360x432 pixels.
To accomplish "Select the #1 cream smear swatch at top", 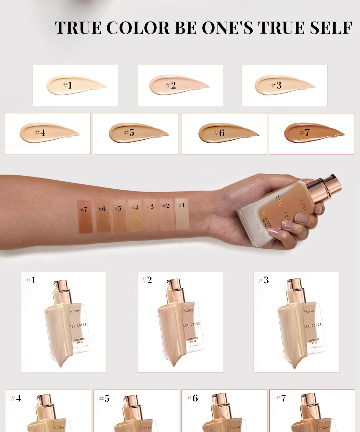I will click(76, 85).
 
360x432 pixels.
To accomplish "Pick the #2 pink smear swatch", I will click(179, 85).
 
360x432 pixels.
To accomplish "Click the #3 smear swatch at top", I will click(284, 85).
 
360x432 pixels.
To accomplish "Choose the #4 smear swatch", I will click(49, 133).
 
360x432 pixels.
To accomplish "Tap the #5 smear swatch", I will click(138, 133).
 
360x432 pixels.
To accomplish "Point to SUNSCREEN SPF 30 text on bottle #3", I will click(313, 341).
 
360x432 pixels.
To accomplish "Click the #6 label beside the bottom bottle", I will click(192, 398).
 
